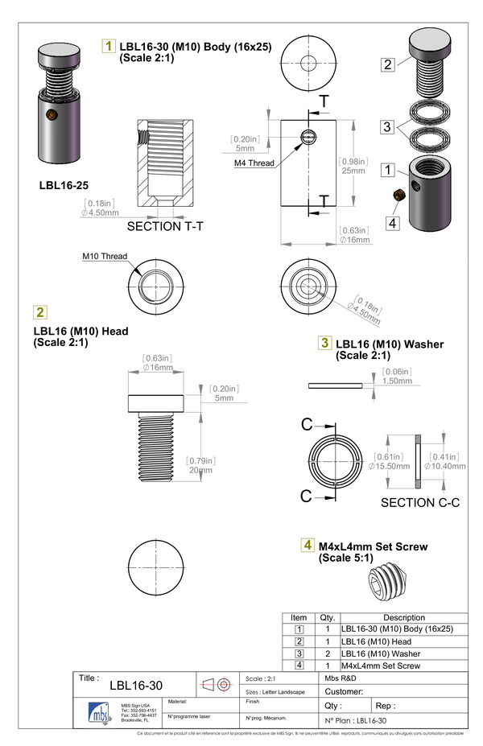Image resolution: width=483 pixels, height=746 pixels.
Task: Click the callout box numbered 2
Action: tap(388, 64)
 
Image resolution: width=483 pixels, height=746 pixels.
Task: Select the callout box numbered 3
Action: tap(388, 127)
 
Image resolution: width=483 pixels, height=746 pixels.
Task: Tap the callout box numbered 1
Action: tap(388, 171)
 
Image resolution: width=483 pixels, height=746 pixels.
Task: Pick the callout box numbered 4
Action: tap(392, 223)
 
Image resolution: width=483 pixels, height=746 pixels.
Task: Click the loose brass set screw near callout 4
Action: tap(398, 196)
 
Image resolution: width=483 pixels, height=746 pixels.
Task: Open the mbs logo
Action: tap(100, 712)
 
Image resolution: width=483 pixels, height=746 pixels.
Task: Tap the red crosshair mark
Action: tap(224, 684)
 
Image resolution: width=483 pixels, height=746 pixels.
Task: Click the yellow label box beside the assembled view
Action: tap(109, 47)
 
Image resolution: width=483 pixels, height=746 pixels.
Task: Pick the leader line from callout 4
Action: tap(395, 208)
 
